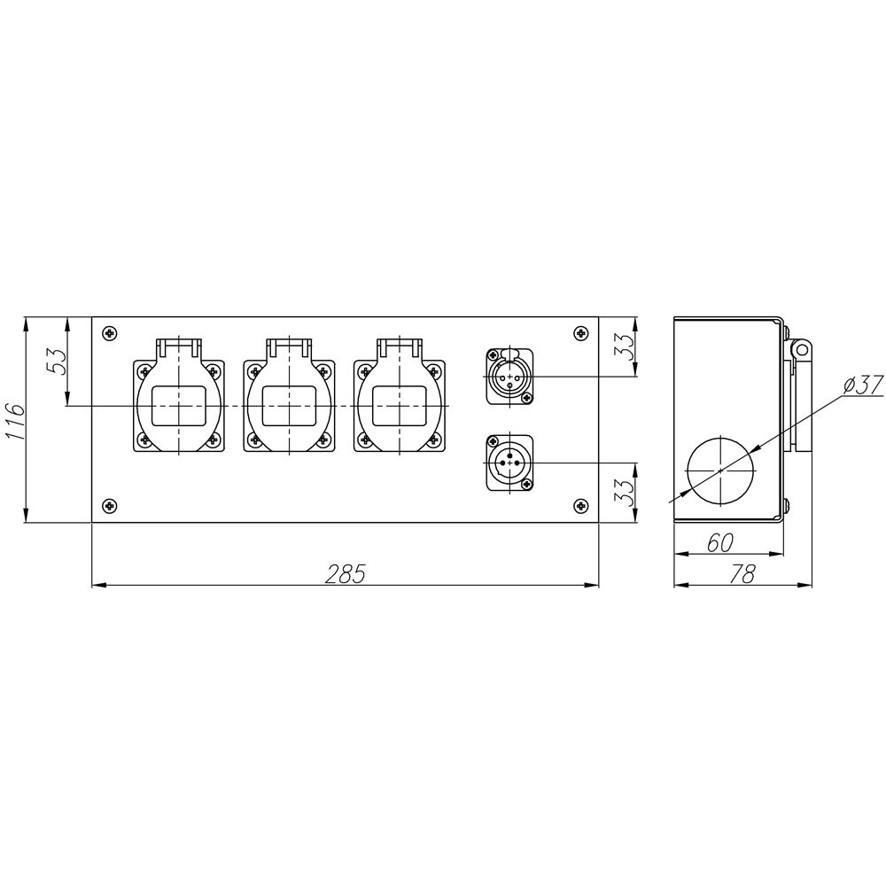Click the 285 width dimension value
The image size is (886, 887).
tap(346, 573)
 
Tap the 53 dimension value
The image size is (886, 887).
tap(57, 361)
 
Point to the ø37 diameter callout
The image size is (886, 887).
tap(862, 385)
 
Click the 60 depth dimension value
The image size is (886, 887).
tap(720, 542)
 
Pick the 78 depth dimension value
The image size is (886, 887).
tap(742, 574)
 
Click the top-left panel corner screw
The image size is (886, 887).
tap(109, 333)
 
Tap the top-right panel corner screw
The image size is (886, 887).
tap(580, 333)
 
